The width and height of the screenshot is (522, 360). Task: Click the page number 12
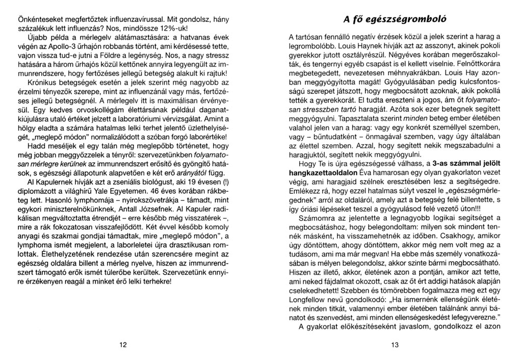tap(123, 345)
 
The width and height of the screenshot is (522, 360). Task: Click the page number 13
tap(394, 345)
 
